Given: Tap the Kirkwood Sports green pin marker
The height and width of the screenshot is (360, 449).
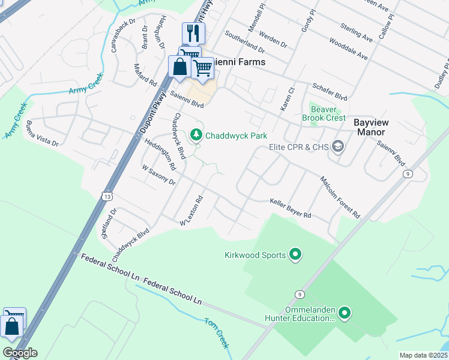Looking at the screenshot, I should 295,255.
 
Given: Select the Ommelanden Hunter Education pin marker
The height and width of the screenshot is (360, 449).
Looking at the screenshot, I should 344,313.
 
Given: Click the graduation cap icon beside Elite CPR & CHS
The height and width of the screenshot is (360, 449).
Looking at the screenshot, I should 338,146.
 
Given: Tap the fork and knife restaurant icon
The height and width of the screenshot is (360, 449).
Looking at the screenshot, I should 193,33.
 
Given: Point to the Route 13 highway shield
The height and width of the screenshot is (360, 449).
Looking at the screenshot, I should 107,196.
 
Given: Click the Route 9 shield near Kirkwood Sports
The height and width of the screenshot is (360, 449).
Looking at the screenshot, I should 299,293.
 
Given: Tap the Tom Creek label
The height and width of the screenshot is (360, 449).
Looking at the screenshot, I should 217,333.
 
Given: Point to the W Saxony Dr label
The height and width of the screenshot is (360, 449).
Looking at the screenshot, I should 158,176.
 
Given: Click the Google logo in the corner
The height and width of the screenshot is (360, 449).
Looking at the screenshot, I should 20,353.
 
